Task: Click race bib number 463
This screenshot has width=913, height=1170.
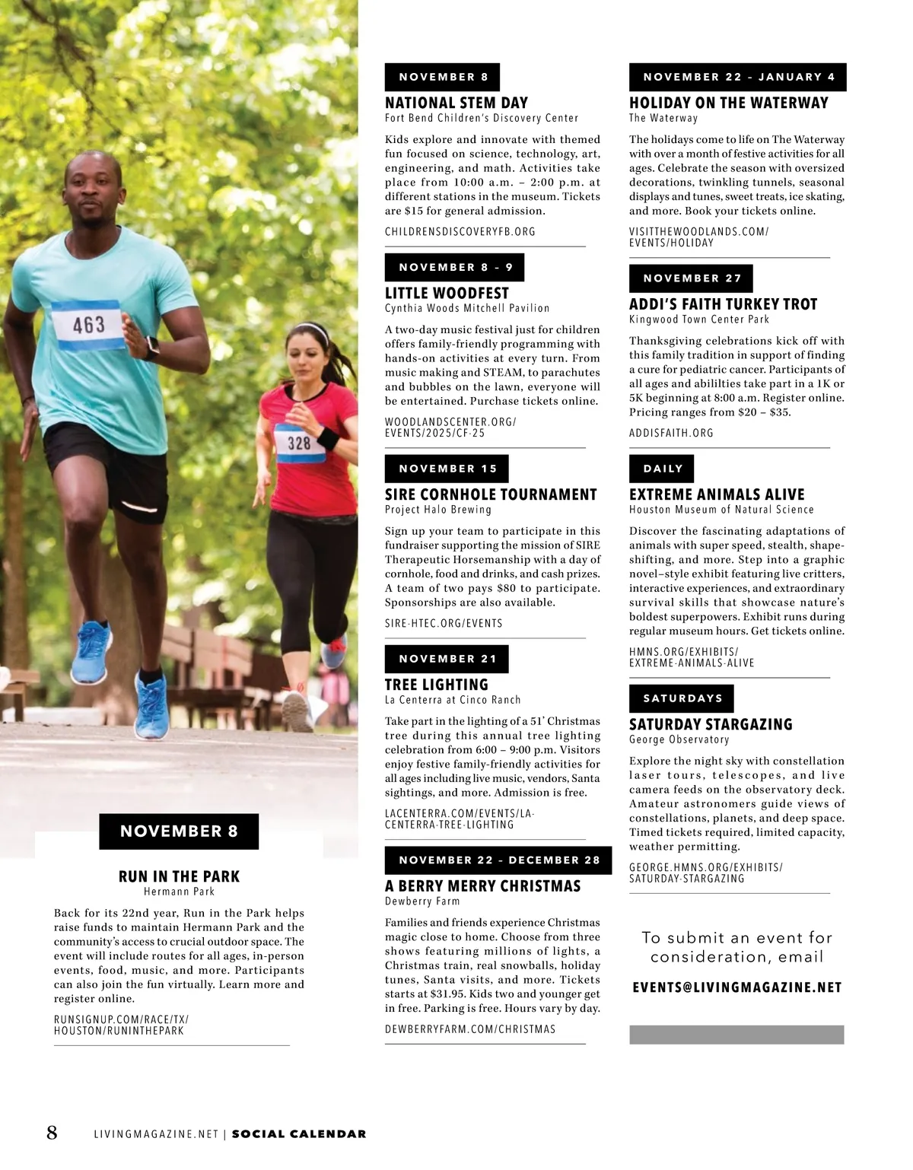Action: (x=88, y=325)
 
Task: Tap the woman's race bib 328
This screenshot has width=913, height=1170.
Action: (x=298, y=442)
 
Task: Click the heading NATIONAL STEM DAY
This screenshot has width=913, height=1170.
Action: (x=456, y=103)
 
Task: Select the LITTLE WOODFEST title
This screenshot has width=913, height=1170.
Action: (x=447, y=293)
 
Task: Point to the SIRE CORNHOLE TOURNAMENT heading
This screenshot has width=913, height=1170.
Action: (x=491, y=494)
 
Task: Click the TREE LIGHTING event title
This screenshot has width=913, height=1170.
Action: (x=436, y=685)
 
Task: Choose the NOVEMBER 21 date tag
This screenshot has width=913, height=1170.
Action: (x=447, y=659)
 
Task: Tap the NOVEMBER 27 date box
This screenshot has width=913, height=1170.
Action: (x=691, y=278)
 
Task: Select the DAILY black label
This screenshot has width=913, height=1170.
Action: (x=662, y=469)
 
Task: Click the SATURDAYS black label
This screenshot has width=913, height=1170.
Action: (x=682, y=698)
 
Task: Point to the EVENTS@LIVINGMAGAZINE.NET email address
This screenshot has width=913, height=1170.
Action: (x=736, y=987)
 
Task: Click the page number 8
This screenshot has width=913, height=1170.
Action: (x=52, y=1133)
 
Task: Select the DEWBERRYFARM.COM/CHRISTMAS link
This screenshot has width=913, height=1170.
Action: (x=469, y=1029)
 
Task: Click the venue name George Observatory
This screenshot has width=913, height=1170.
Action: (x=679, y=739)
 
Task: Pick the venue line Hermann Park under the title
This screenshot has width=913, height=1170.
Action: (x=179, y=892)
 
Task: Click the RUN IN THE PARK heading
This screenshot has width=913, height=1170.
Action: (x=179, y=876)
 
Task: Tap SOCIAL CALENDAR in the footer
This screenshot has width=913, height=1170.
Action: (x=298, y=1134)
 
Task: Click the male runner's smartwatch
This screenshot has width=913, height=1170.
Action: (x=152, y=347)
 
